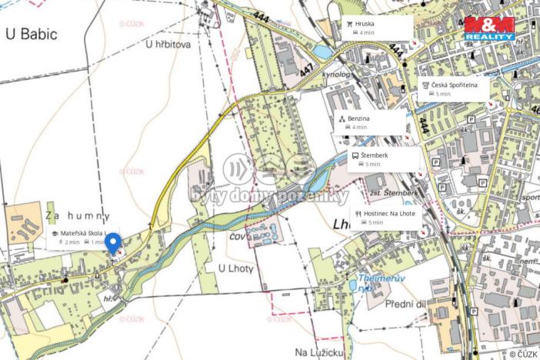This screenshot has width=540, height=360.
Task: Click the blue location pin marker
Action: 112,243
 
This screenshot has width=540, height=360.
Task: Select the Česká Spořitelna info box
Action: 454,88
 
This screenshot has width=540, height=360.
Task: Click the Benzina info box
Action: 370,122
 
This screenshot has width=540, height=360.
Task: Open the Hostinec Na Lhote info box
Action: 385,217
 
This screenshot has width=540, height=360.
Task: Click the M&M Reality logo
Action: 489,28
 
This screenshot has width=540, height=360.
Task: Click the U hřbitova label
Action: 167,45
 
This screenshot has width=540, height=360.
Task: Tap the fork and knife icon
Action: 358,213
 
